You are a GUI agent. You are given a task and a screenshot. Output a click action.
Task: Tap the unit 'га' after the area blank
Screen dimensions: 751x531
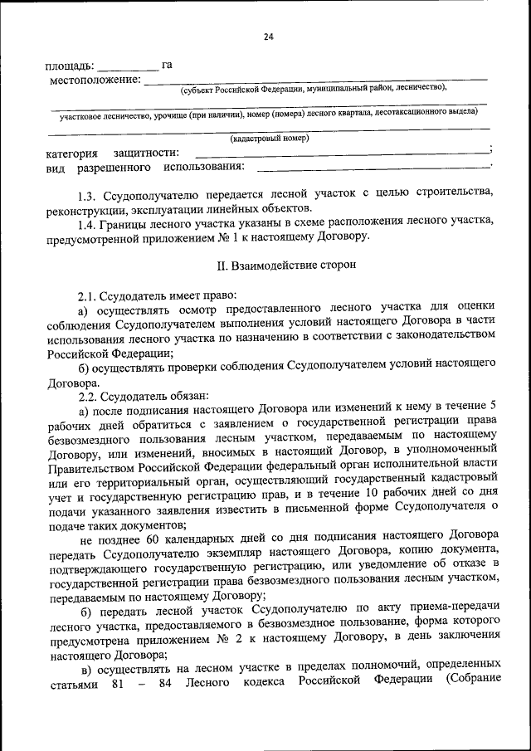point(167,65)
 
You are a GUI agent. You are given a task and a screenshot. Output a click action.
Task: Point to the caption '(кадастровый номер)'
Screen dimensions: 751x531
point(270,139)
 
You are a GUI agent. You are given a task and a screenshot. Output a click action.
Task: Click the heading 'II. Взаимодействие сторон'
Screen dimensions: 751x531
point(273,266)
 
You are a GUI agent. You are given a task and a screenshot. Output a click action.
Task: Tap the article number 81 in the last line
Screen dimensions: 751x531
point(117,681)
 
